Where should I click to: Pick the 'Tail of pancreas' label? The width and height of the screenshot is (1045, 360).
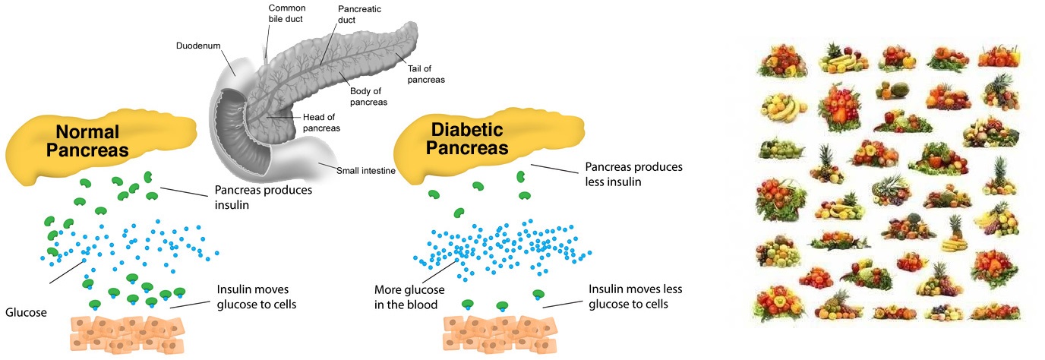point(425,74)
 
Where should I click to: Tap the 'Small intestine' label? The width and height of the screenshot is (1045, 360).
point(365,171)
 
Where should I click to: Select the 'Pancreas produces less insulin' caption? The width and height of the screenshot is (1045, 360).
point(633,174)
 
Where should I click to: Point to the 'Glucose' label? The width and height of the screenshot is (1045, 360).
point(27,312)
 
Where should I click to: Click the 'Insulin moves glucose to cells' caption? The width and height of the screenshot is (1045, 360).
point(256,297)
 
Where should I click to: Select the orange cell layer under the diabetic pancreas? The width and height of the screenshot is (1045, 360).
point(498,333)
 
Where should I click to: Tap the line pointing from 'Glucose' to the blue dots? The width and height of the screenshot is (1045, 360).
point(68,272)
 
